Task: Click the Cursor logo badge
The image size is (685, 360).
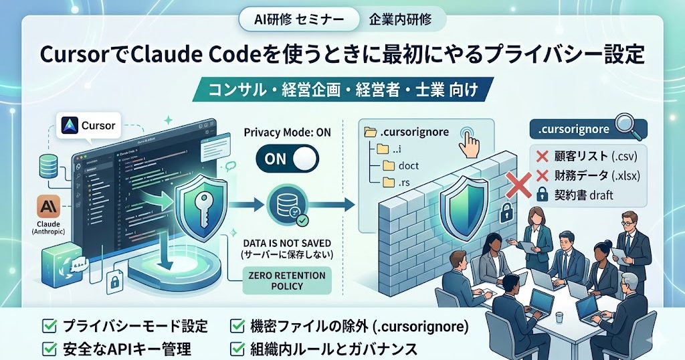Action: (90, 124)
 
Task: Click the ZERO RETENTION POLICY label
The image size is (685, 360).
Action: (286, 281)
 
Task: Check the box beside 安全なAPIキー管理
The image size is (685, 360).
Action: (49, 348)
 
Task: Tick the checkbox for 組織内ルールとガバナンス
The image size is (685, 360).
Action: (237, 348)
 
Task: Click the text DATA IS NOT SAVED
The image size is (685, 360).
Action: (288, 242)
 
